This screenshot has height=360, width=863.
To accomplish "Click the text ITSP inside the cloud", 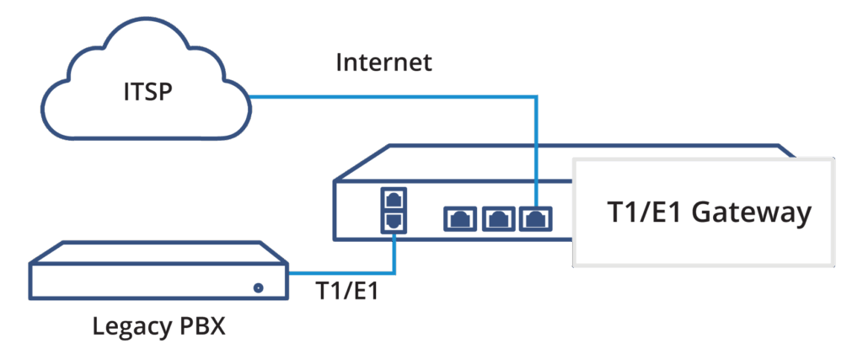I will pyautogui.click(x=147, y=91).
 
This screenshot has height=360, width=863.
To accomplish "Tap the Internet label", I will pyautogui.click(x=384, y=63).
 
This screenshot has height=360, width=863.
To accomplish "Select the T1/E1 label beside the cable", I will pyautogui.click(x=347, y=292).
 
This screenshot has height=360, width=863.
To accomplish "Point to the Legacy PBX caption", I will pyautogui.click(x=158, y=326).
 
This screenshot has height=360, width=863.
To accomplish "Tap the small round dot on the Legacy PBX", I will pyautogui.click(x=258, y=288).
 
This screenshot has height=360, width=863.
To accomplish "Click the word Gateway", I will pyautogui.click(x=752, y=213).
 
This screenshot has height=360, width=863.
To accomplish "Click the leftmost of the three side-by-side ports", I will pyautogui.click(x=460, y=219).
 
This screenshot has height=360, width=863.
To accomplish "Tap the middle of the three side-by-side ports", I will pyautogui.click(x=497, y=219).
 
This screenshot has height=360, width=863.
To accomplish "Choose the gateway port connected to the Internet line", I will pyautogui.click(x=535, y=219).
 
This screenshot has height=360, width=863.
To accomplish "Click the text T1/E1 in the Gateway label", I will pyautogui.click(x=645, y=213).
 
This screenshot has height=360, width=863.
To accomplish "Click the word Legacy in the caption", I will pyautogui.click(x=129, y=326).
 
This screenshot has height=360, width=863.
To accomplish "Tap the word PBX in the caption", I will pyautogui.click(x=203, y=326).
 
